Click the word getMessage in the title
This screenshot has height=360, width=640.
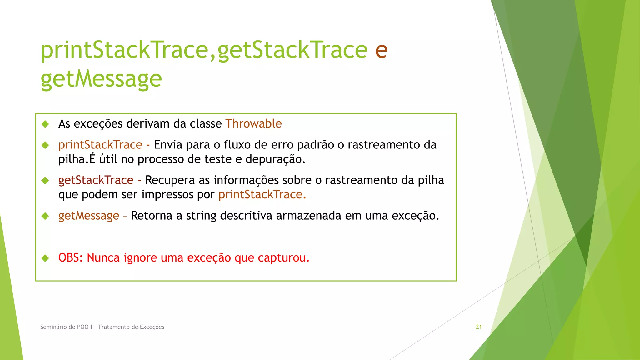pos(101,79)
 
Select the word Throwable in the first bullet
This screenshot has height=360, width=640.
pos(253,124)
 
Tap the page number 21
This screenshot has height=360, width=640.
pos(479,327)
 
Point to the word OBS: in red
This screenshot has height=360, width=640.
pos(71,258)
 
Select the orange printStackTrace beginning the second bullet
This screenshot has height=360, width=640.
pos(100,145)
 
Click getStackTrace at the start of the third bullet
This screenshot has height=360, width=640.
pos(96,180)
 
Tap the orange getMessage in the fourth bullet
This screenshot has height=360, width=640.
pos(89,216)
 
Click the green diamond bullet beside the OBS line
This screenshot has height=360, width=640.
pos(45,258)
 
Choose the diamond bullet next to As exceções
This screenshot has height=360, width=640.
pos(45,124)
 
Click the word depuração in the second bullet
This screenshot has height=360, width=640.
pos(275,159)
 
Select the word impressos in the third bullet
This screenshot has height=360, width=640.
pos(167,195)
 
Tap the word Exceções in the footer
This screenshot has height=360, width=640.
pos(152,327)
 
